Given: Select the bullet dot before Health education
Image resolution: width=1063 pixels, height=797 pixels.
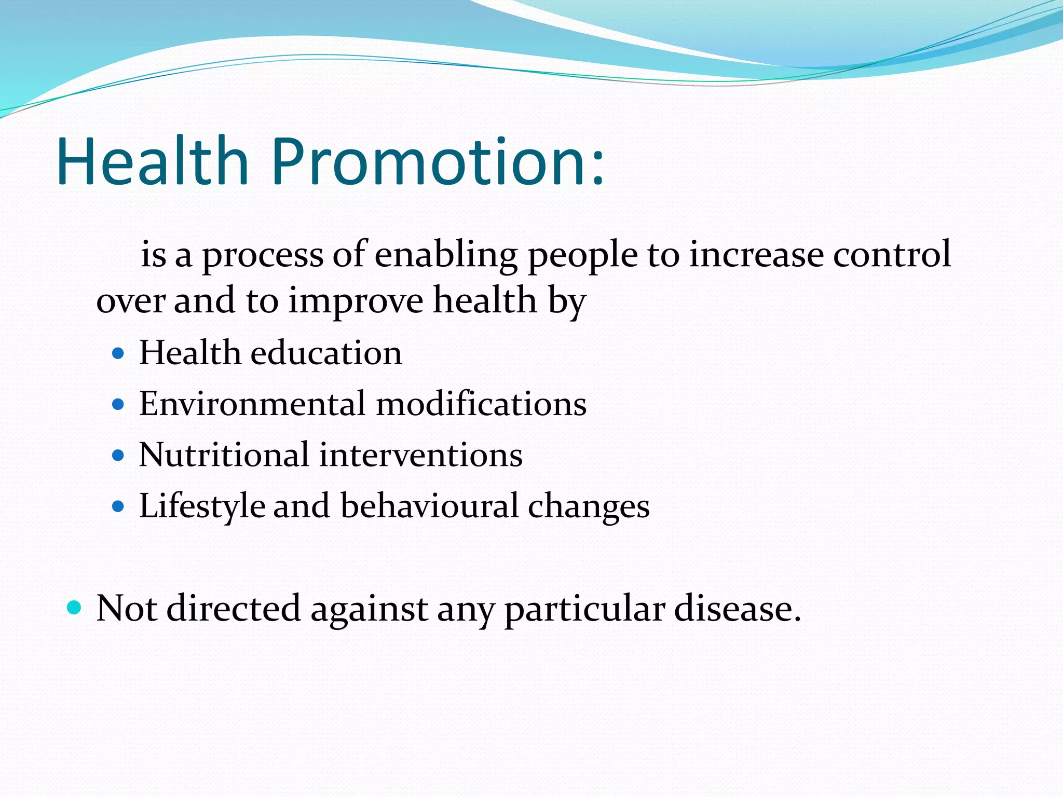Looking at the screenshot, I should point(118,354).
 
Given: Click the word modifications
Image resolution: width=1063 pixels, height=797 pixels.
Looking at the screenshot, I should point(481,404).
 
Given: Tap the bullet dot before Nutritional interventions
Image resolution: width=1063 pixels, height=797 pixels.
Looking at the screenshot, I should point(118,456).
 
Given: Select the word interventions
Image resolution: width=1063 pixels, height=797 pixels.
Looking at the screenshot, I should point(420,455).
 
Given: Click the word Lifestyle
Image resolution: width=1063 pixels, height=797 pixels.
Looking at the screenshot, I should point(202,506).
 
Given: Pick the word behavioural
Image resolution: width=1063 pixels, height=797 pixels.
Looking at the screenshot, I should point(429,506).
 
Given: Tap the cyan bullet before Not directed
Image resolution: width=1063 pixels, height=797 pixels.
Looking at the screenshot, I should point(75,607).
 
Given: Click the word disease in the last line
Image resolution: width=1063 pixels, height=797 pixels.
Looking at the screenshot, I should point(737,608).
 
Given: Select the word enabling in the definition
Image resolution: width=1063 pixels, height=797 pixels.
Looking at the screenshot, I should point(446,255).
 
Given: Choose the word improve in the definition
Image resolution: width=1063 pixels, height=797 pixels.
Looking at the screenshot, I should point(356,301).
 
